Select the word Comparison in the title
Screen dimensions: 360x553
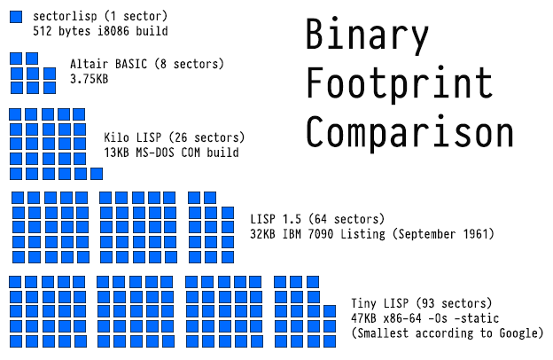(x=409, y=132)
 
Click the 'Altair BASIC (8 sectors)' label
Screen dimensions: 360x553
(x=146, y=64)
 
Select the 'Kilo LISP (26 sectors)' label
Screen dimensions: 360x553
(x=174, y=138)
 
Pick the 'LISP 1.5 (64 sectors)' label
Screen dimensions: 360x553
(x=317, y=219)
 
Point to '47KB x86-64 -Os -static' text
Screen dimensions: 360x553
(x=426, y=317)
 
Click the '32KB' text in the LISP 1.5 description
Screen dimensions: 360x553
(x=264, y=233)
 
